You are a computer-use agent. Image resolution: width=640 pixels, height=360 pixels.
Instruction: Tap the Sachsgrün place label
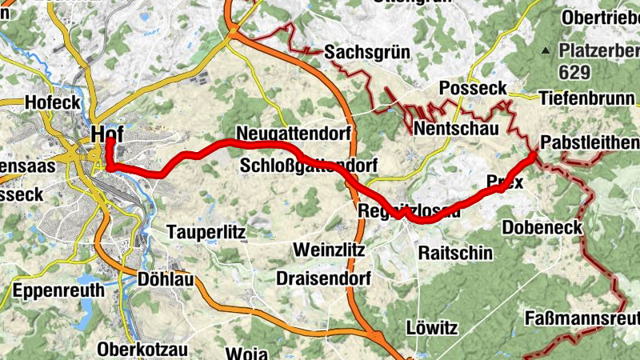pos(367,53)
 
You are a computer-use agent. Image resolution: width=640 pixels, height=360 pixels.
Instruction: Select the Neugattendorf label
pos(294,134)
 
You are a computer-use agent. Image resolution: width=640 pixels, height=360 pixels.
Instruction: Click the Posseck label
pos(474,88)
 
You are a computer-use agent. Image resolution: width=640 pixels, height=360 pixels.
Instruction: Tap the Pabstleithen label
pos(590,142)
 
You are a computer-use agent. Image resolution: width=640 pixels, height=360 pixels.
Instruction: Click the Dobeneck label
pos(542,228)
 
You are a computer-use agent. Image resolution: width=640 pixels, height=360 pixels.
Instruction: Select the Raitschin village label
pos(455,253)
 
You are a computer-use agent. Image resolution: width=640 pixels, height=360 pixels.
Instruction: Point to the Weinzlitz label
pos(329,250)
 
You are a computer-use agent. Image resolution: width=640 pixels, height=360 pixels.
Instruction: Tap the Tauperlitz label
pos(206,232)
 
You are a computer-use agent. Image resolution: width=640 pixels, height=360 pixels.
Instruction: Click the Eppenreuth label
pos(59,290)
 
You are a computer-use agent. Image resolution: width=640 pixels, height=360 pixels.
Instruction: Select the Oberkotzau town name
pos(142,350)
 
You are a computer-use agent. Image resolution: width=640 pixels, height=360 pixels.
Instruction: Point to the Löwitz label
pos(431,329)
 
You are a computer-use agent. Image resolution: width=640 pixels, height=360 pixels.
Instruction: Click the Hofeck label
pos(53,102)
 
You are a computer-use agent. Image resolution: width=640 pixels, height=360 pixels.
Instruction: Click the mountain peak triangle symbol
pos(546,50)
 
